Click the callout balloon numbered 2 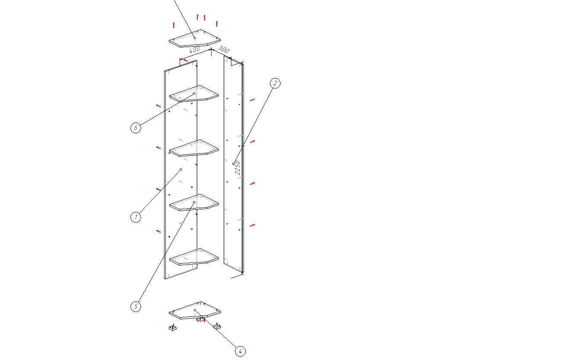(x=275, y=83)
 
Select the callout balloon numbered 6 (x=136, y=128)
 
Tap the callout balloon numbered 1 (x=136, y=217)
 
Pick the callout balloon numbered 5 (x=136, y=306)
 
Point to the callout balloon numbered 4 (x=240, y=351)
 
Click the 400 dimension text (x=195, y=50)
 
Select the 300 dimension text (x=224, y=49)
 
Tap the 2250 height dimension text (x=237, y=167)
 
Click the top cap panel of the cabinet (x=195, y=38)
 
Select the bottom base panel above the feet (x=195, y=310)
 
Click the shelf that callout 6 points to (x=194, y=94)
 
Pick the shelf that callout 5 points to (x=194, y=202)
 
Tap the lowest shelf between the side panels (x=194, y=257)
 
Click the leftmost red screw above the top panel (x=174, y=25)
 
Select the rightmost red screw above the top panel (x=217, y=24)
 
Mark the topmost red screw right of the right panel (x=252, y=100)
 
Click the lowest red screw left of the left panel (x=158, y=231)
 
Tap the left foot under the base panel (x=173, y=328)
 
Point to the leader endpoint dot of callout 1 (x=181, y=170)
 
